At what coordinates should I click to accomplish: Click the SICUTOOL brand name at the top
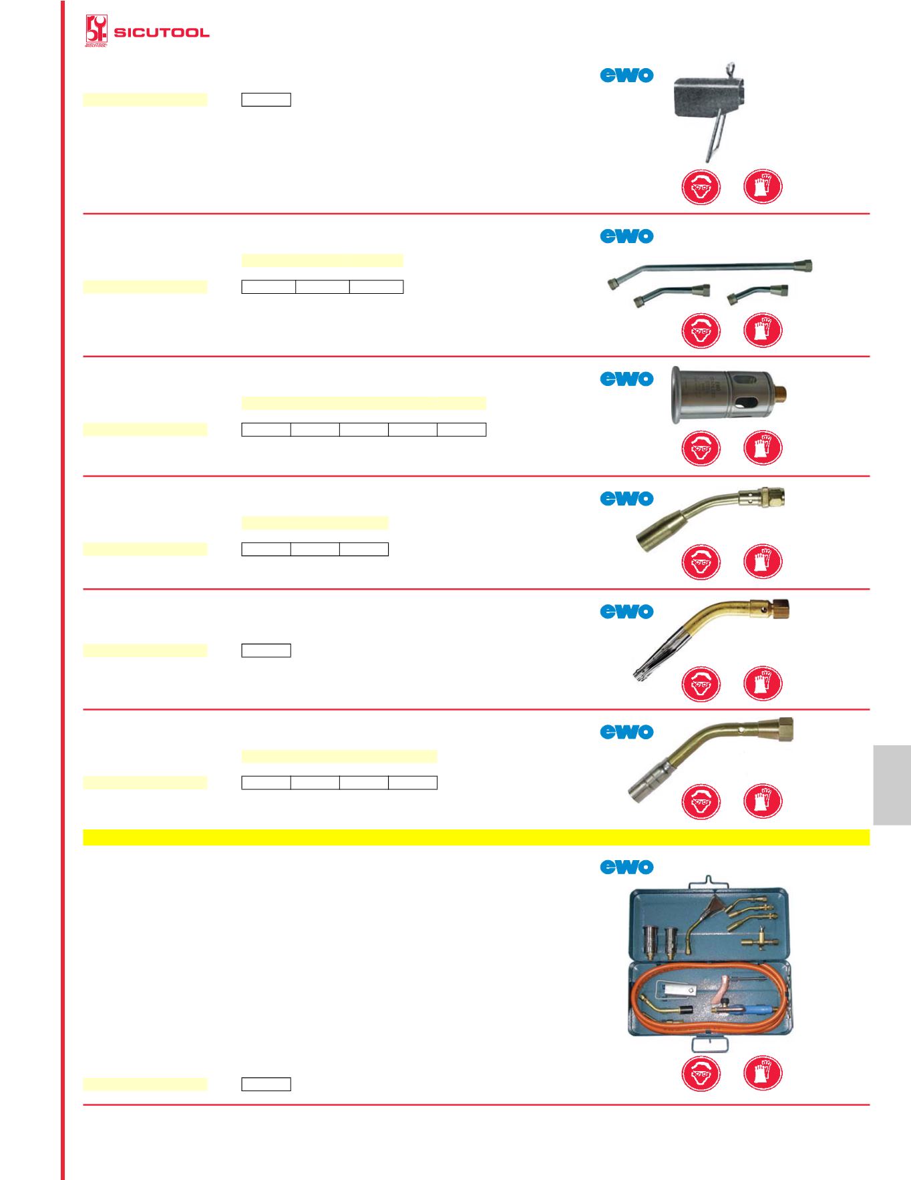(x=162, y=33)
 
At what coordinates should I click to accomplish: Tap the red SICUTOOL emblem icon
(x=96, y=31)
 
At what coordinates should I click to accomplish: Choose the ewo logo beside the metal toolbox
(x=626, y=867)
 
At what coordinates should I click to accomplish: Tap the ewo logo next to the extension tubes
(x=626, y=236)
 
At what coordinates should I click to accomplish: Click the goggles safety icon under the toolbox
(x=701, y=1074)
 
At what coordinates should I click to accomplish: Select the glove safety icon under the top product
(x=762, y=186)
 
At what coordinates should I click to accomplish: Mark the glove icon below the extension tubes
(x=762, y=331)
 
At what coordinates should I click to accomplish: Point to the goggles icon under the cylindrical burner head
(x=701, y=447)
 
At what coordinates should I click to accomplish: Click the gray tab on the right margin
(x=892, y=785)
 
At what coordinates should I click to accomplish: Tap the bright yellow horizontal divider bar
(x=476, y=837)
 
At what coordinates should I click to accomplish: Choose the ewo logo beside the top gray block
(x=626, y=75)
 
